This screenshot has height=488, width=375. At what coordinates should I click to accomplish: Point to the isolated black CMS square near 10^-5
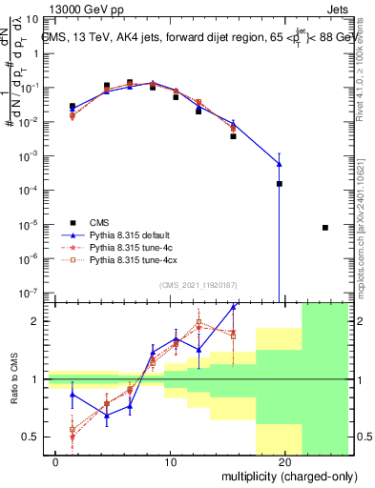(325, 228)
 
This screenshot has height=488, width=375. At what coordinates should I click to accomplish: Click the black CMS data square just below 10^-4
(280, 184)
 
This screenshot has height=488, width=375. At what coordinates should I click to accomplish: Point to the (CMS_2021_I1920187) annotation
(198, 285)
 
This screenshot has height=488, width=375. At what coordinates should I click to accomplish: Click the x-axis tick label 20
(284, 461)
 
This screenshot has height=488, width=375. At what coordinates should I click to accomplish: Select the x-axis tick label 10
(170, 461)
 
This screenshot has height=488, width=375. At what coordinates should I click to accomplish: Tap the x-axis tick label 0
(56, 461)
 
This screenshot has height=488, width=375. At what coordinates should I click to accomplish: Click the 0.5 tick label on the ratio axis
(33, 437)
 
